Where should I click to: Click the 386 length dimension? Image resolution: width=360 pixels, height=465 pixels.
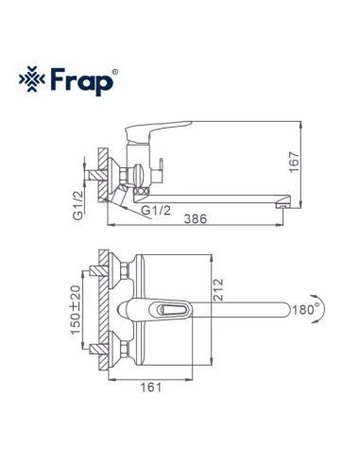(193, 217)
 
